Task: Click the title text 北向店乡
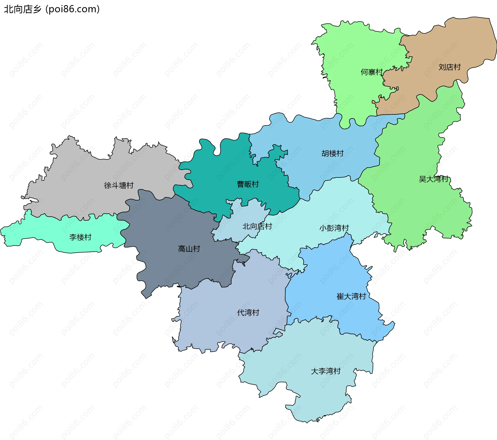(x=23, y=9)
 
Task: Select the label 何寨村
(x=371, y=72)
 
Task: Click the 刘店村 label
(x=450, y=67)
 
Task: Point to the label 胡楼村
(x=332, y=153)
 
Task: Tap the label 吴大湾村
(x=433, y=179)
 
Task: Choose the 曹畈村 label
(x=248, y=184)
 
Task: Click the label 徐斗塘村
(x=119, y=185)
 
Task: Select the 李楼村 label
(x=80, y=237)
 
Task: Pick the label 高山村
(x=189, y=249)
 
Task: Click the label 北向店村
(x=257, y=226)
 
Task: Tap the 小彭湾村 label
(x=334, y=228)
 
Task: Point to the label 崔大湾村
(x=351, y=296)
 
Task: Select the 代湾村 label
(x=248, y=313)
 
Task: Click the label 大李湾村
(x=325, y=371)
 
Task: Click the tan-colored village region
(x=440, y=47)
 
